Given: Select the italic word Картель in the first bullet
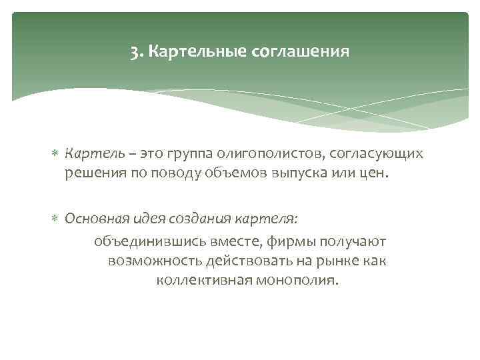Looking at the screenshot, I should click(89, 154).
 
